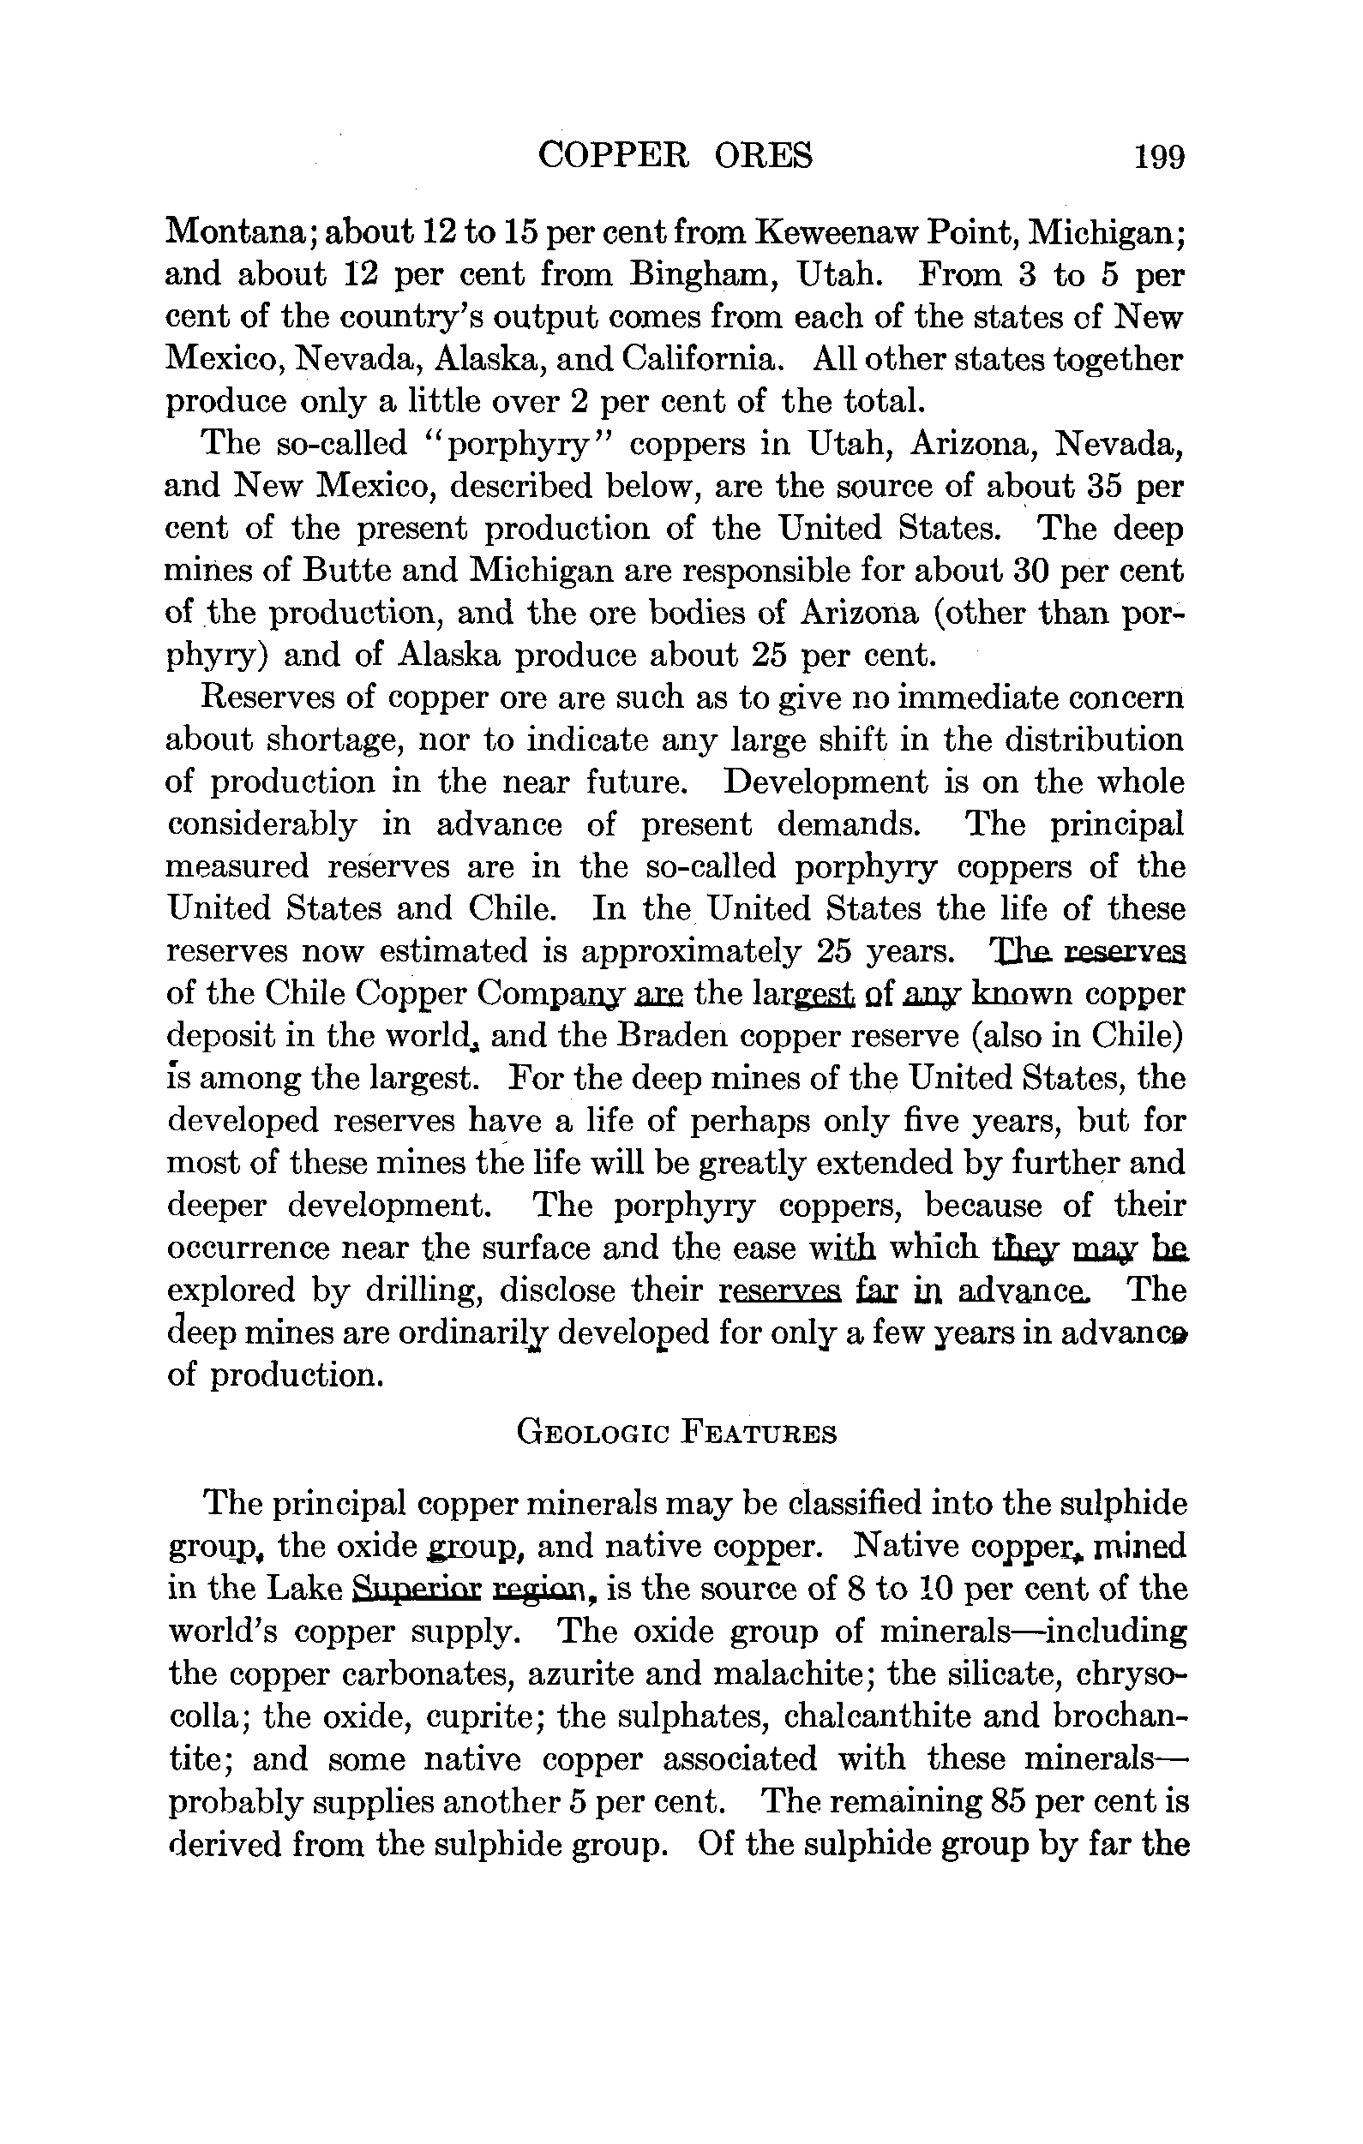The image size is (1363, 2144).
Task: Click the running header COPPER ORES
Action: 675,157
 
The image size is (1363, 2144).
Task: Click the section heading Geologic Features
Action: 676,1434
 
